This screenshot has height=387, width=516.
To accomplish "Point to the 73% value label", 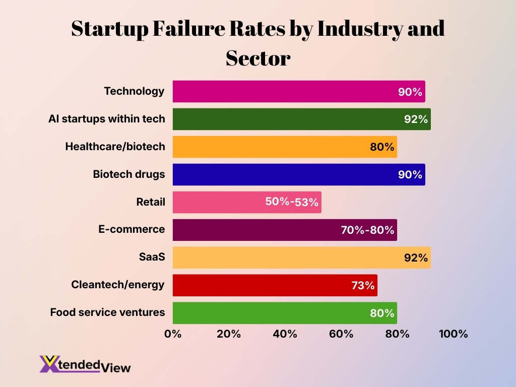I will click(363, 285).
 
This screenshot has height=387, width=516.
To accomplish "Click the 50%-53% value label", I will click(292, 202).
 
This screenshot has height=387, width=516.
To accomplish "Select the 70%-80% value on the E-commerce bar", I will click(367, 230).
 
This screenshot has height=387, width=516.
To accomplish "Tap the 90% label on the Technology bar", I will click(410, 92).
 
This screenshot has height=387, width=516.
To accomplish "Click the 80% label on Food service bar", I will click(382, 313).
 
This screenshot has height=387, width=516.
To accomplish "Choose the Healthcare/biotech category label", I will click(115, 147).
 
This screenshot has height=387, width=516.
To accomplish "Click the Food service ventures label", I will click(107, 312).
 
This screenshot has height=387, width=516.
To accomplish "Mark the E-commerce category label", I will click(131, 229).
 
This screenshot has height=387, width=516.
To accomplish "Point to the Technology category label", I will click(134, 91).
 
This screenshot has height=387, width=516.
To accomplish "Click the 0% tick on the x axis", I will click(173, 334).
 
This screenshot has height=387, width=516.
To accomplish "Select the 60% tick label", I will click(341, 334).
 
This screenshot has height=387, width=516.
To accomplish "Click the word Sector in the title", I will click(257, 58).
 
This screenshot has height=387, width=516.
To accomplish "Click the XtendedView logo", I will click(85, 364).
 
